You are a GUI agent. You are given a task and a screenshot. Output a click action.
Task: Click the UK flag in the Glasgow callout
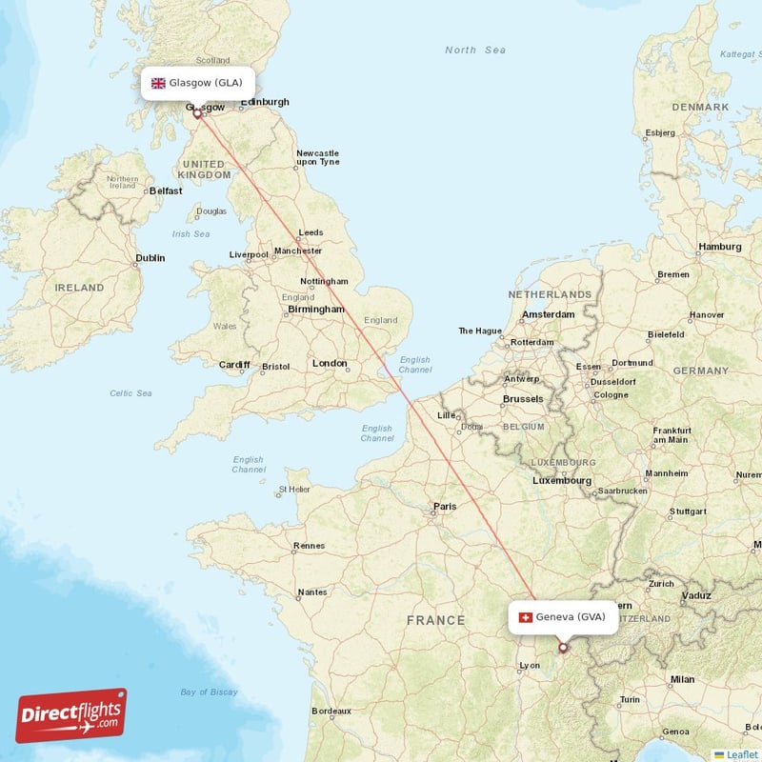(158, 83)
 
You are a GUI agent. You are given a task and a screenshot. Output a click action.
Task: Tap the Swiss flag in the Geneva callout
(525, 617)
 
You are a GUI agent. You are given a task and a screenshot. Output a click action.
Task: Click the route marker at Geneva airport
(562, 648)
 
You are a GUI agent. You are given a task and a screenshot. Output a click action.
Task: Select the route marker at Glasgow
(198, 113)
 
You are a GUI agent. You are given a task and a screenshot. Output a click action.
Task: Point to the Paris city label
(445, 507)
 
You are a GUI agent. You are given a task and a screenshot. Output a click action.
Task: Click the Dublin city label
(150, 258)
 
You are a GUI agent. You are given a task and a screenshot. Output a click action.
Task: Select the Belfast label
(165, 190)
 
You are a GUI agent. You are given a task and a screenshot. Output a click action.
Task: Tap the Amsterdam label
(549, 314)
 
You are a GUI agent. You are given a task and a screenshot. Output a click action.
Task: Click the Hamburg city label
(719, 247)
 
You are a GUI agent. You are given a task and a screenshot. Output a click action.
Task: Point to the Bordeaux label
(331, 711)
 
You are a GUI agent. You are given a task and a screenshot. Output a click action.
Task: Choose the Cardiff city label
(234, 365)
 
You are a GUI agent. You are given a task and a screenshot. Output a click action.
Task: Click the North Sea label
(474, 50)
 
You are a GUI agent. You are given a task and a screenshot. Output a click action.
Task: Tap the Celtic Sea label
(130, 392)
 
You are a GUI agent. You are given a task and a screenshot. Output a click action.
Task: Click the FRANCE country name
(436, 620)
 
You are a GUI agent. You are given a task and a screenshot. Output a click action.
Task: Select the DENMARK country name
(700, 107)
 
